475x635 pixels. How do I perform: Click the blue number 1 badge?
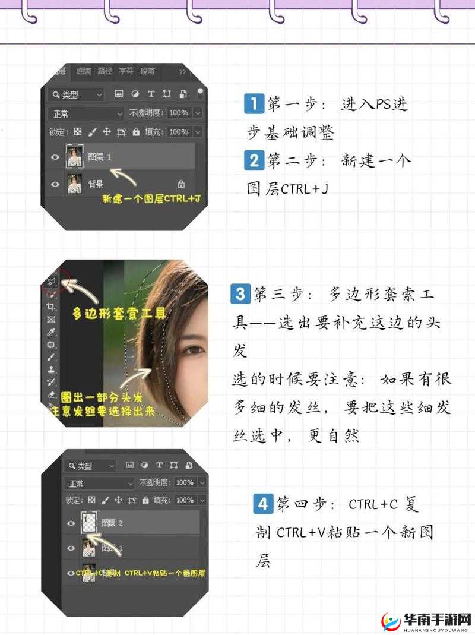click(x=254, y=105)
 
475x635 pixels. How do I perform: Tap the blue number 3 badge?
click(x=240, y=293)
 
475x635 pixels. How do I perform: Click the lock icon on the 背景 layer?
click(x=181, y=184)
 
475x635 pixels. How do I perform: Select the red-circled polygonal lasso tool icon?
click(x=51, y=279)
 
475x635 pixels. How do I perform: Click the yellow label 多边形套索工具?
click(x=119, y=313)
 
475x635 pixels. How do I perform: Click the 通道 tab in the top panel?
click(x=84, y=71)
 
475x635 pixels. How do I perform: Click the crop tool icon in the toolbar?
click(x=51, y=307)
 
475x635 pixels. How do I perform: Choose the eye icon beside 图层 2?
click(x=71, y=523)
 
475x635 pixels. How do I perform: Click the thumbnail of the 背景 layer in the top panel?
click(x=74, y=184)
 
